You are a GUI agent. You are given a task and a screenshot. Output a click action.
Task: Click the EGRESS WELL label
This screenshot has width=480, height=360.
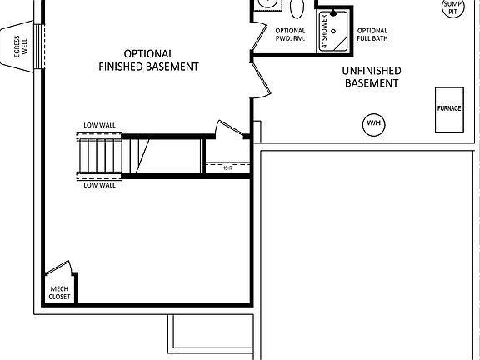[x=17, y=49]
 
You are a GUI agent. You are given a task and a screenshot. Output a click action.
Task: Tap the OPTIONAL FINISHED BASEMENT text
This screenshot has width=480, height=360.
[x=148, y=59]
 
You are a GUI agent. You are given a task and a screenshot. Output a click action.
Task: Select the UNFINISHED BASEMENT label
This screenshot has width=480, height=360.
[x=371, y=77]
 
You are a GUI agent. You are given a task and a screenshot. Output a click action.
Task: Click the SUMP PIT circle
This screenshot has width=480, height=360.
[x=452, y=8]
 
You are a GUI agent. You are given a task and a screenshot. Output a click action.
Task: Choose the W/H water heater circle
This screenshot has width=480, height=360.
[x=372, y=124]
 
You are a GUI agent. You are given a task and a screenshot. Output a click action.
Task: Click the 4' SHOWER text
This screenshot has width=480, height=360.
[x=325, y=32]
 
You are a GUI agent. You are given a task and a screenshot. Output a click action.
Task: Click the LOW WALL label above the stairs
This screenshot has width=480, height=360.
[x=99, y=126]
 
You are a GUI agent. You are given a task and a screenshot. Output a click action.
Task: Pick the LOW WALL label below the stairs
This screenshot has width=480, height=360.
[x=99, y=185]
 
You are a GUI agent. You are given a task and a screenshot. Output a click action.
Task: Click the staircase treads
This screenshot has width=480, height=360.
[x=100, y=156]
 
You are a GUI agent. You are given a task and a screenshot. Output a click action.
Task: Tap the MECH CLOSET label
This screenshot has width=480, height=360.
[x=59, y=292]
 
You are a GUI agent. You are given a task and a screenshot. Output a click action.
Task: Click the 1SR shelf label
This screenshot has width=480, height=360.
[x=227, y=168]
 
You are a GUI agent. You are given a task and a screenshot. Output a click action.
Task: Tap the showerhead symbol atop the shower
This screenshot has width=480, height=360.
[x=336, y=13]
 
